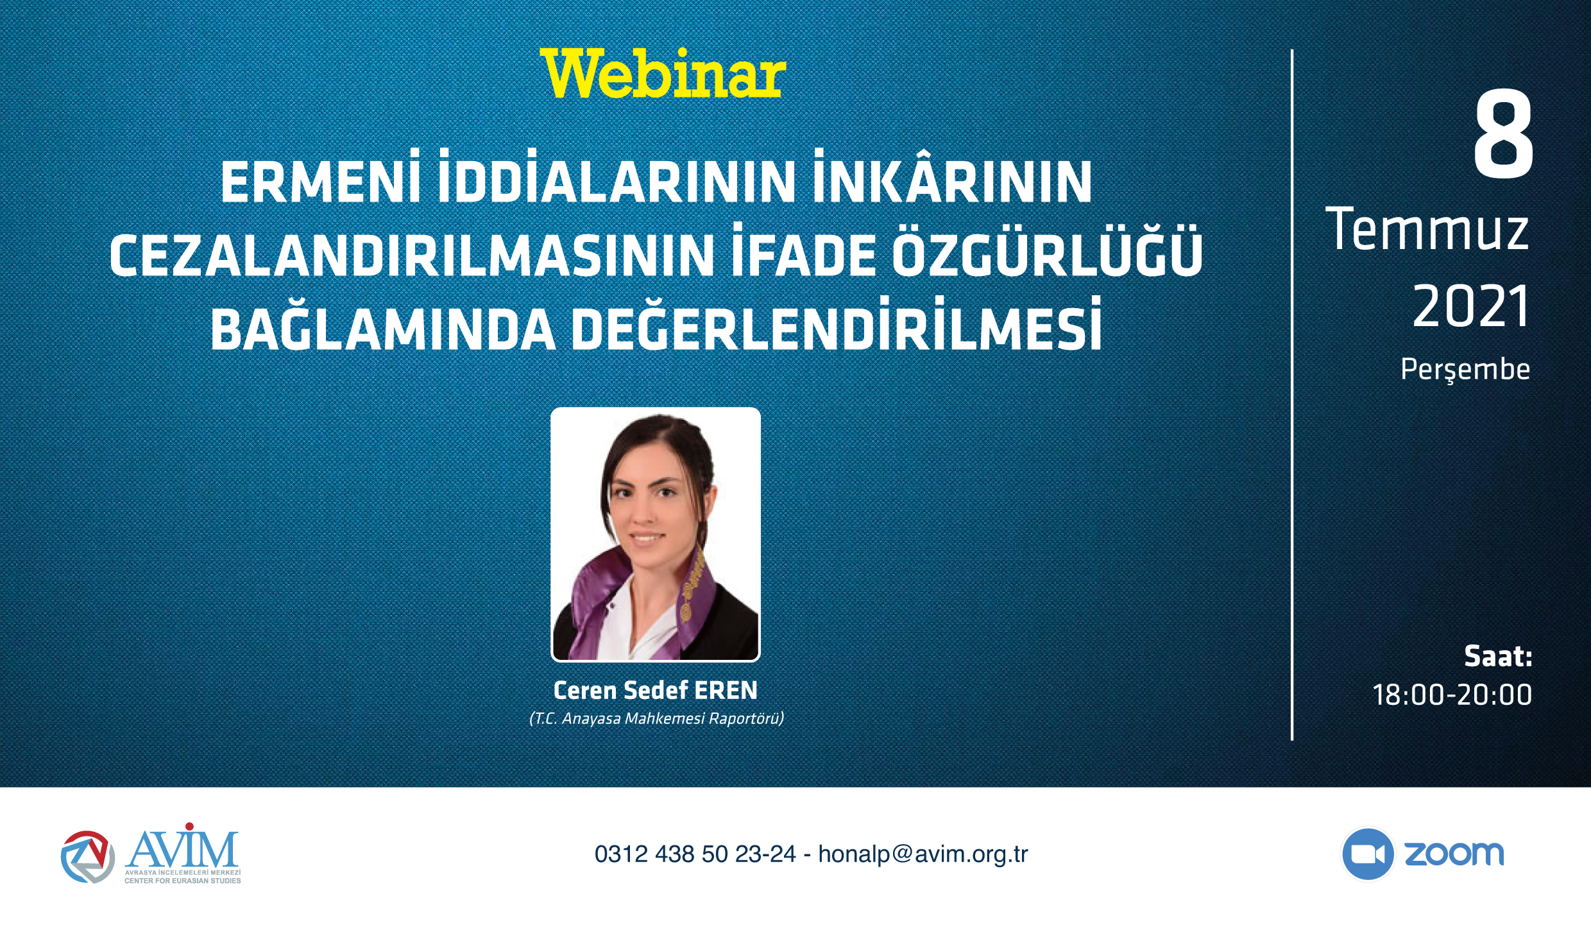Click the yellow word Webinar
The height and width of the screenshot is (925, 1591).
(663, 74)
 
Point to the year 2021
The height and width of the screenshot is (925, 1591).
(1471, 306)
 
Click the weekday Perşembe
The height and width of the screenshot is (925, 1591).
(1465, 370)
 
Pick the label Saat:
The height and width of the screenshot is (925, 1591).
(1498, 656)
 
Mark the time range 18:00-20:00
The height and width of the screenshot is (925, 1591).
(1452, 695)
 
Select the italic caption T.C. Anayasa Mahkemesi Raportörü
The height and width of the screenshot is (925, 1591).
(656, 718)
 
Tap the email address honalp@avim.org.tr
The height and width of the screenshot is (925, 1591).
(923, 854)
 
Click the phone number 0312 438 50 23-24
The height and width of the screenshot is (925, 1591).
(695, 854)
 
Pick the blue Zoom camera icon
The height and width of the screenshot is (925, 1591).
(1367, 854)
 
